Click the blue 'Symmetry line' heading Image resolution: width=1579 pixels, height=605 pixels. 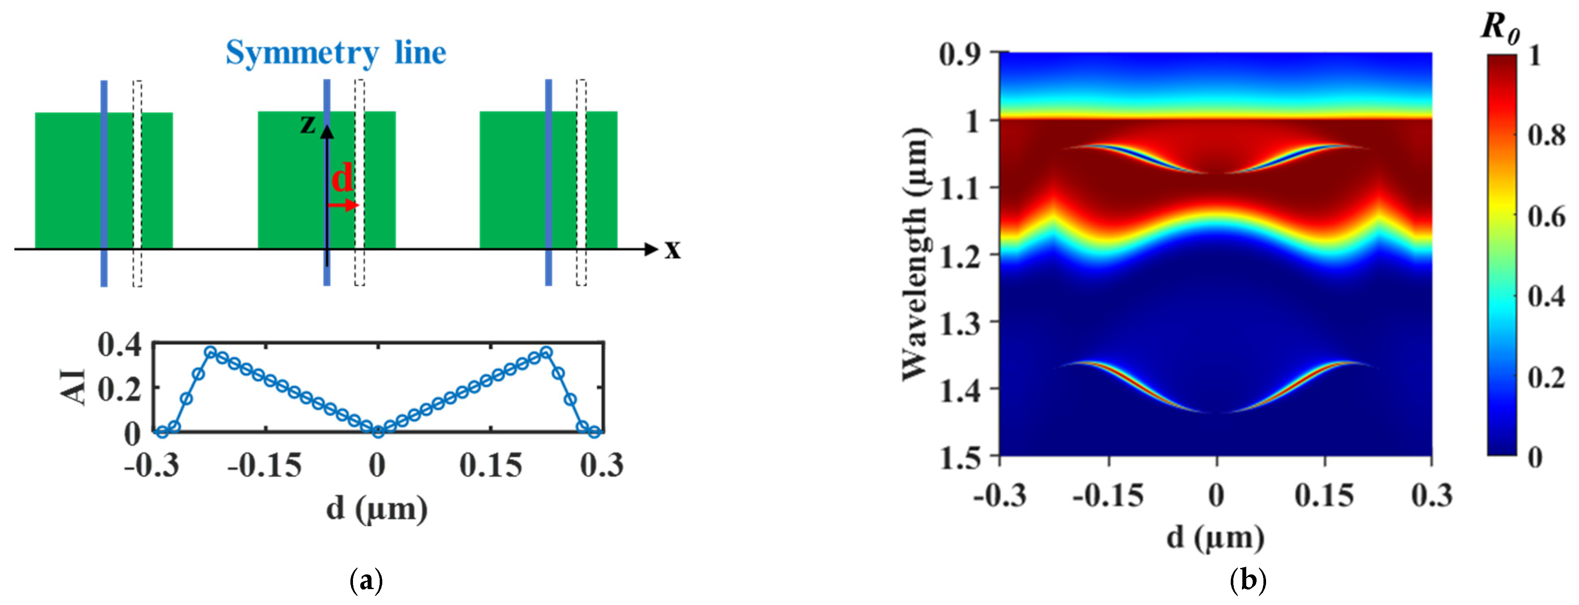pyautogui.click(x=336, y=53)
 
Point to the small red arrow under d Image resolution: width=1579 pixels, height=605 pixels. pyautogui.click(x=343, y=205)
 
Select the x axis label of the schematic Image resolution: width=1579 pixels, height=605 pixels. pyautogui.click(x=673, y=250)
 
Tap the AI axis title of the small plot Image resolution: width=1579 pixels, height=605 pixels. pyautogui.click(x=75, y=387)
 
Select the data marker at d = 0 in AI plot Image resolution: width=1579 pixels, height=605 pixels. pyautogui.click(x=378, y=432)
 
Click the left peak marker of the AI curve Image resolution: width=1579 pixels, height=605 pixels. pyautogui.click(x=210, y=352)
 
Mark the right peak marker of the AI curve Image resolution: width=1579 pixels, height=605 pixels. pyautogui.click(x=546, y=352)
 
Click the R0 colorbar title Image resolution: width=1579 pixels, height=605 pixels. pyautogui.click(x=1500, y=28)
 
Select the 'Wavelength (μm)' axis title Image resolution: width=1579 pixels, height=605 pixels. pyautogui.click(x=914, y=254)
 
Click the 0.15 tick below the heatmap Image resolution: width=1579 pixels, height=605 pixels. pyautogui.click(x=1324, y=495)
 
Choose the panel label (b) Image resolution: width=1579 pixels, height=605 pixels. pyautogui.click(x=1248, y=579)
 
